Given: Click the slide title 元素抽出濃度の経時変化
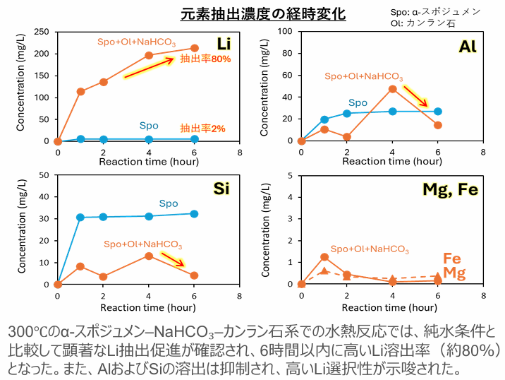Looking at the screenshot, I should [253, 14].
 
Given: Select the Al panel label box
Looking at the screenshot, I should [467, 47].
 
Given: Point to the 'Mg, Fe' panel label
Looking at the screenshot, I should [451, 189].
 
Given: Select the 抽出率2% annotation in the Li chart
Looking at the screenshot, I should [202, 129].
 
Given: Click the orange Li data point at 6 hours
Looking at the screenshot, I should [194, 48].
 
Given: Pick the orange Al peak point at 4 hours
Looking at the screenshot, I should [392, 88].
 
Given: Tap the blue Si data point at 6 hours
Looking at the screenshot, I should [194, 213].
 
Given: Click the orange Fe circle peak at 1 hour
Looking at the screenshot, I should [324, 256].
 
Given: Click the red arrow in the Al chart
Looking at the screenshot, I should [418, 97].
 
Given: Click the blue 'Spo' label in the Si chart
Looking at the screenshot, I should [168, 203].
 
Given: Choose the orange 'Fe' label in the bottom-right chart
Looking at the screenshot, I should [451, 259].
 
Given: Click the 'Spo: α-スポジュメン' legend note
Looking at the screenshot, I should [435, 12].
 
